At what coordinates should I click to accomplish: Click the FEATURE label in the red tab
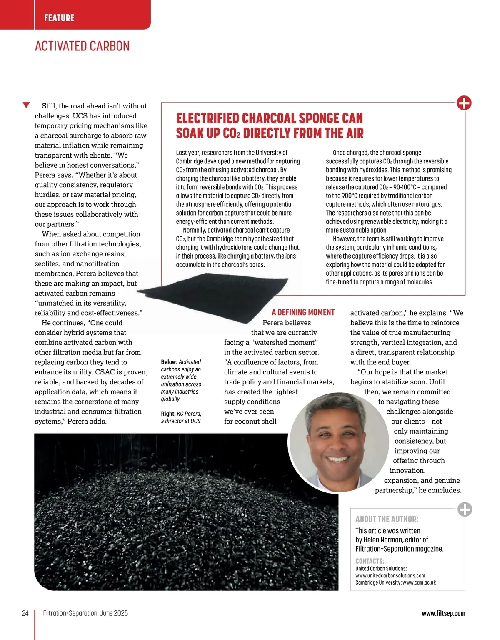click(59, 18)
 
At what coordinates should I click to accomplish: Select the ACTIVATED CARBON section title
click(82, 46)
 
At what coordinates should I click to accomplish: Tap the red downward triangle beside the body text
click(26, 105)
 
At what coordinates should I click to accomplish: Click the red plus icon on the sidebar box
click(464, 103)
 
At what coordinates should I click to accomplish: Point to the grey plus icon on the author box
click(465, 509)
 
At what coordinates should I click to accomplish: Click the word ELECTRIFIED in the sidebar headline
click(208, 118)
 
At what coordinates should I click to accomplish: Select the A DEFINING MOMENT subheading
click(303, 312)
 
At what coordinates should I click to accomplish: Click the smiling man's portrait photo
click(338, 442)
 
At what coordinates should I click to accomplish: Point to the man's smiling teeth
click(338, 459)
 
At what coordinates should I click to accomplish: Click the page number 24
click(25, 613)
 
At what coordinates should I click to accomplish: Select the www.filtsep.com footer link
click(443, 613)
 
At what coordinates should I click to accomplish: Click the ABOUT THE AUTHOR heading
click(387, 519)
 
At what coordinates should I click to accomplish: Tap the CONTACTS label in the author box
click(370, 561)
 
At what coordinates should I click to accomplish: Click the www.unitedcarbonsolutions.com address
click(390, 575)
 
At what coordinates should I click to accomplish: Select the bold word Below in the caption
click(169, 362)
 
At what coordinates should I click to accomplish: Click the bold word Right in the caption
click(168, 414)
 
